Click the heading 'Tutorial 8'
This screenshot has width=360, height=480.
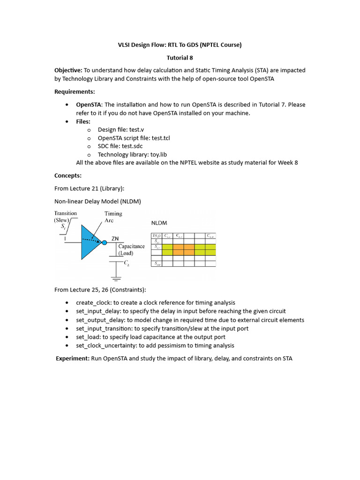180,58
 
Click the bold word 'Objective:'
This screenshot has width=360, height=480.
68,70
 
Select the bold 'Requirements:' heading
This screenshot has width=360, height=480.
75,91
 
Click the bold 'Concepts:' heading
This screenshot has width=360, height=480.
68,175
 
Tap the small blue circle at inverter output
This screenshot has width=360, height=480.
105,242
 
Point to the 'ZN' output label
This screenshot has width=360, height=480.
115,239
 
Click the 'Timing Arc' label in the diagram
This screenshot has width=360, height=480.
113,217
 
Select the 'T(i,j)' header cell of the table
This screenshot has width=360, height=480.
156,235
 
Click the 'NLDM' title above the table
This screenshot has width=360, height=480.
159,222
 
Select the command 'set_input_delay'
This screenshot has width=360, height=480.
98,311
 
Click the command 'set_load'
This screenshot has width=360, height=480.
87,337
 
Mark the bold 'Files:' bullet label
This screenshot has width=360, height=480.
83,121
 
